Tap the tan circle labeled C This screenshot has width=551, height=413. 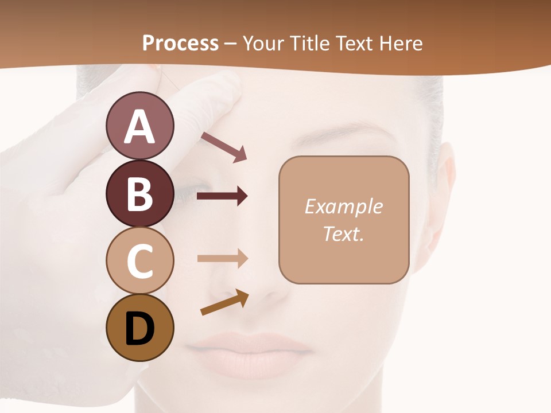pos(139,260)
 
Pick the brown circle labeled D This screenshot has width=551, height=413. pos(139,328)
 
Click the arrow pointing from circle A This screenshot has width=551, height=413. pos(224,146)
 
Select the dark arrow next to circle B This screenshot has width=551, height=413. pos(222,196)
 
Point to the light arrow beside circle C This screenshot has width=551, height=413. pos(222,259)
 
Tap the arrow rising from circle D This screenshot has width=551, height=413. pos(224,303)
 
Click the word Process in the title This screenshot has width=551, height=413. pos(180,43)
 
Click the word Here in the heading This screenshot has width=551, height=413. pos(401,43)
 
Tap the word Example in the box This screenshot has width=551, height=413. pos(343,206)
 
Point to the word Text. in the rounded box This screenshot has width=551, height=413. pos(343,233)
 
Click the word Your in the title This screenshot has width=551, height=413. pos(261,43)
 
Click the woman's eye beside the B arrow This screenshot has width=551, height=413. pos(192,192)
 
